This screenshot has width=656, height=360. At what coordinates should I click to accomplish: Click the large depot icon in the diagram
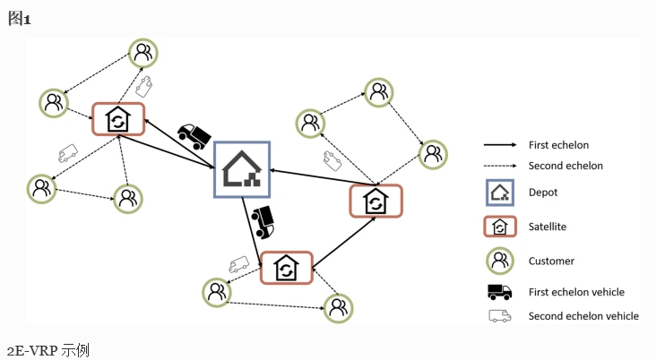pyautogui.click(x=242, y=169)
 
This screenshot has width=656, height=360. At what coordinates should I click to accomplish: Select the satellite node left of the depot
pyautogui.click(x=118, y=119)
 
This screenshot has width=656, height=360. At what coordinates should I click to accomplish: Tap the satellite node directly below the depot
pyautogui.click(x=287, y=268)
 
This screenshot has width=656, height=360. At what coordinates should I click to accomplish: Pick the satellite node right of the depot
pyautogui.click(x=375, y=201)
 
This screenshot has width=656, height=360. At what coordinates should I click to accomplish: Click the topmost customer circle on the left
pyautogui.click(x=143, y=53)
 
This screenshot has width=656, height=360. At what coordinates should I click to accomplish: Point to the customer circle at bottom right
pyautogui.click(x=339, y=309)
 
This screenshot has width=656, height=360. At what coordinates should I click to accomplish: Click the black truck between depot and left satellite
pyautogui.click(x=194, y=136)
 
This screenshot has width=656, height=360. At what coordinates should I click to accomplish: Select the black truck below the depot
pyautogui.click(x=263, y=222)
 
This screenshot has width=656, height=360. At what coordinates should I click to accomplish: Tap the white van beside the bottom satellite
pyautogui.click(x=239, y=264)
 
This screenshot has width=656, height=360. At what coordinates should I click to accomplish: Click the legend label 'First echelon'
pyautogui.click(x=558, y=145)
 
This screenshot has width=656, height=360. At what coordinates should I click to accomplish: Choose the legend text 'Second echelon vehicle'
pyautogui.click(x=583, y=316)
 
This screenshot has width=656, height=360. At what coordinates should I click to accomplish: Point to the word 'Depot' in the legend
pyautogui.click(x=543, y=193)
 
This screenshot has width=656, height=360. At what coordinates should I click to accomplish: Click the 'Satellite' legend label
pyautogui.click(x=548, y=227)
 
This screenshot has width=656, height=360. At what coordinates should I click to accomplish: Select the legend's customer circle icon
pyautogui.click(x=500, y=261)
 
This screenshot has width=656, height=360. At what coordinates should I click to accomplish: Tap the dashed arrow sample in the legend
pyautogui.click(x=500, y=166)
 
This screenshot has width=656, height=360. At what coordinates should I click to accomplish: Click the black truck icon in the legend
pyautogui.click(x=499, y=292)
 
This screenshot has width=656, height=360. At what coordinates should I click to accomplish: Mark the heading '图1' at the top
pyautogui.click(x=19, y=19)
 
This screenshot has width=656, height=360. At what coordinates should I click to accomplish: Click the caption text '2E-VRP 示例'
pyautogui.click(x=48, y=350)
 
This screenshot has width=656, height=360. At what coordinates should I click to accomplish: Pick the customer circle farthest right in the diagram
pyautogui.click(x=433, y=155)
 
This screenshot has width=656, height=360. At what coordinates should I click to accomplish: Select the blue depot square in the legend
pyautogui.click(x=500, y=193)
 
